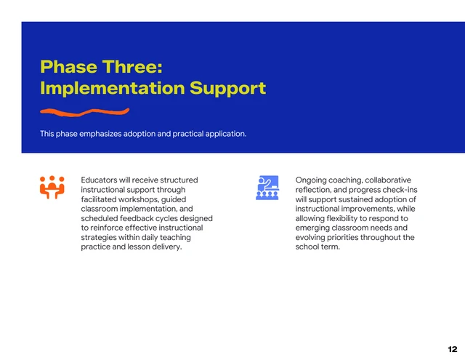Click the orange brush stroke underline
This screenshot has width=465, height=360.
pyautogui.click(x=84, y=112)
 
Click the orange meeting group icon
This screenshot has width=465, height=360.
pyautogui.click(x=52, y=187)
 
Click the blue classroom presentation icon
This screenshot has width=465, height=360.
pyautogui.click(x=267, y=187)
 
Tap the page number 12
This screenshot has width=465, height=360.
pyautogui.click(x=451, y=349)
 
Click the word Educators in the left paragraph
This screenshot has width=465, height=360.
pyautogui.click(x=99, y=180)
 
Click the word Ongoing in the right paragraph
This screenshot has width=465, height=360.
pyautogui.click(x=311, y=180)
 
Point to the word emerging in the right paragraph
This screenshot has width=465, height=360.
pyautogui.click(x=313, y=228)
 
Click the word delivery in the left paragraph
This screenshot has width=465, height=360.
pyautogui.click(x=165, y=247)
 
